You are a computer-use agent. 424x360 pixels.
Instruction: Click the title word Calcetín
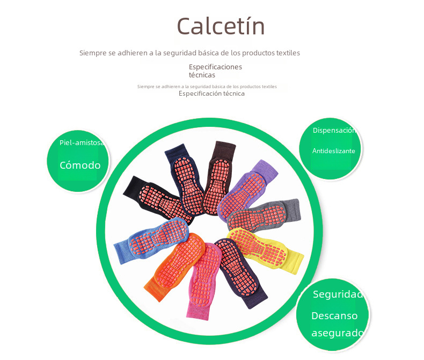point(221,26)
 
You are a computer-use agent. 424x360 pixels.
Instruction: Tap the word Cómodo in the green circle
point(80,165)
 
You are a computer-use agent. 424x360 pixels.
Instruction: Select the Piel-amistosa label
point(82,142)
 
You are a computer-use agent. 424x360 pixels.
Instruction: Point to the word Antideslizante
point(333,151)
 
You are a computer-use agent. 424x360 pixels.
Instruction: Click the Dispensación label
point(333,131)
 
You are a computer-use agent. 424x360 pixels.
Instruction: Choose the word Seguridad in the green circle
point(337,294)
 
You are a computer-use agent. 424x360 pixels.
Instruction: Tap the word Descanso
point(334,315)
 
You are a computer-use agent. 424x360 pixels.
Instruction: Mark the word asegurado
point(337,333)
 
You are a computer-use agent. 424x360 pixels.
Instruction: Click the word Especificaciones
point(215,67)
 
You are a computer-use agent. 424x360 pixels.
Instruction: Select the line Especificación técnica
point(211,93)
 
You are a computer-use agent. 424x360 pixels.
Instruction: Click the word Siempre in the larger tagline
point(93,53)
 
